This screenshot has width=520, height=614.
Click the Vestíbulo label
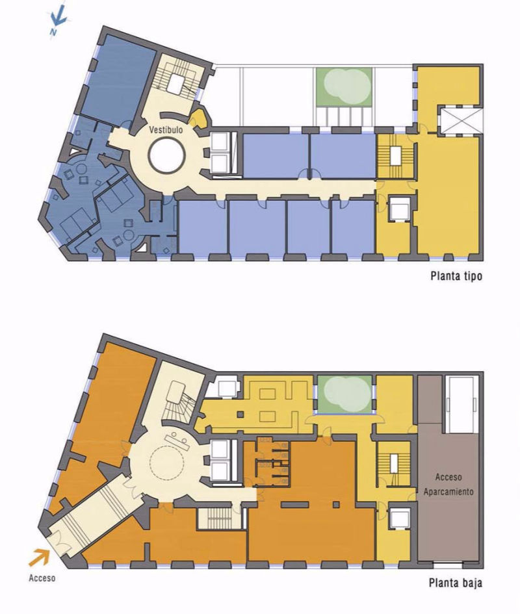pyautogui.click(x=166, y=129)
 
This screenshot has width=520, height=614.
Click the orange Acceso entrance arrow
pyautogui.click(x=39, y=557)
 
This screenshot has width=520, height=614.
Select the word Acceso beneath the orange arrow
pyautogui.click(x=42, y=578)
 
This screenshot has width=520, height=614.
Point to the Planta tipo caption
pyautogui.click(x=456, y=276)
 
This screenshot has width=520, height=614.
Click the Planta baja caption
pyautogui.click(x=456, y=583)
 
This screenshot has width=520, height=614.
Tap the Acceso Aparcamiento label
pyautogui.click(x=448, y=484)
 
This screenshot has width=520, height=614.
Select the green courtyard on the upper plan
pyautogui.click(x=344, y=86)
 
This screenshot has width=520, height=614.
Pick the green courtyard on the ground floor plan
pyautogui.click(x=344, y=394)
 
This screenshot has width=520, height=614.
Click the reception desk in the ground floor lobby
pyautogui.click(x=179, y=441)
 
